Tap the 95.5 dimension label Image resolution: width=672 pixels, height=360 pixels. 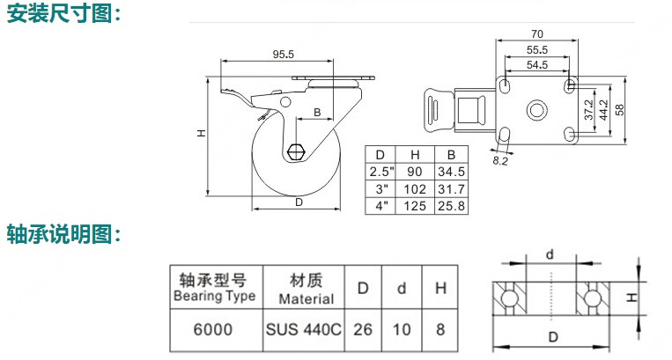(282, 55)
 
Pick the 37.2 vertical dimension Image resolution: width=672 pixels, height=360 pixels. (588, 110)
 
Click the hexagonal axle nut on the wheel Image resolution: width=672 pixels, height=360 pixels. (296, 151)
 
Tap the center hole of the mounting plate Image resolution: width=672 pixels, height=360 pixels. (536, 110)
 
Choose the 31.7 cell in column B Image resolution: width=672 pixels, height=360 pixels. (449, 188)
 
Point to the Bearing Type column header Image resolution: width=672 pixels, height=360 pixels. (213, 288)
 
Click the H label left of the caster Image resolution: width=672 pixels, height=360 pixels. (201, 134)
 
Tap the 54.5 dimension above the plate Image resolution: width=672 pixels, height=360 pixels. (536, 65)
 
